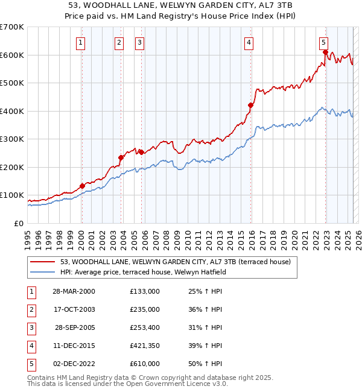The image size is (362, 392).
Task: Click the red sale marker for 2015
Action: tap(250, 105)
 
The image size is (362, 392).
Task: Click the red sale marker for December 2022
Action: tap(325, 52)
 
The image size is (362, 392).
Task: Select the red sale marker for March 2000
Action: tap(82, 186)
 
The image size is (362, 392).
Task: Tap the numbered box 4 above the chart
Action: tap(249, 42)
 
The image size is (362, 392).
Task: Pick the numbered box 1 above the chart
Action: tap(81, 42)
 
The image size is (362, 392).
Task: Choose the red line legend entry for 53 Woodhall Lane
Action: tap(176, 262)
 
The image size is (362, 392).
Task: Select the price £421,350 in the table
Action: tap(145, 346)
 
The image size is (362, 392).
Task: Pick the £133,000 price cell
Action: tap(145, 291)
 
